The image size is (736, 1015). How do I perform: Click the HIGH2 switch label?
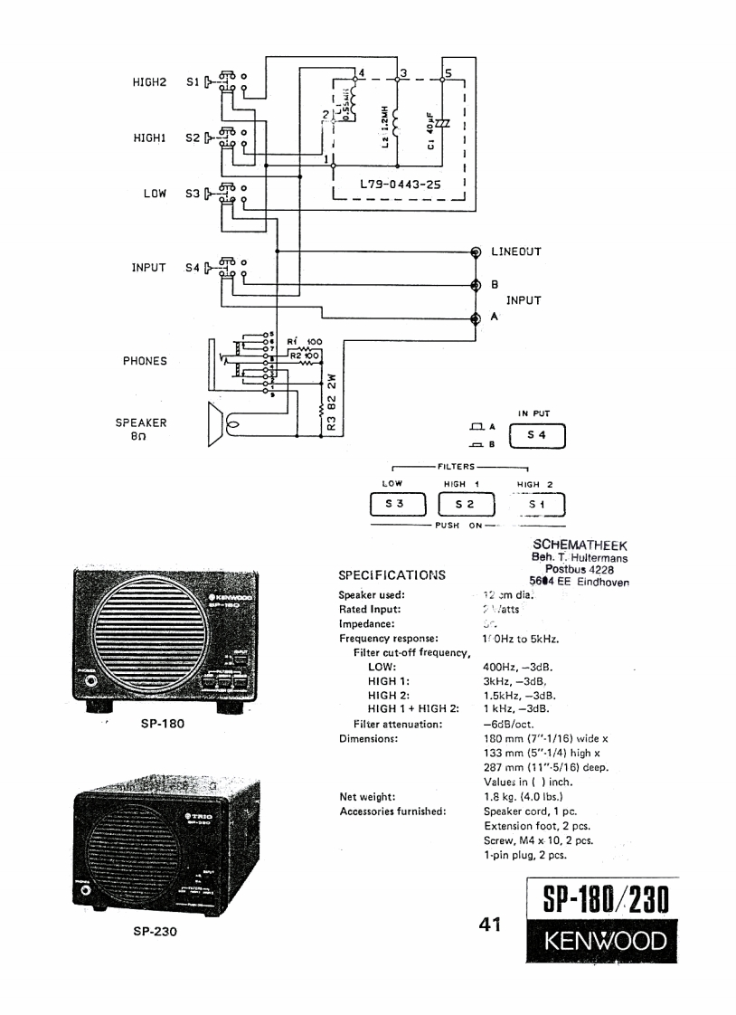coord(150,81)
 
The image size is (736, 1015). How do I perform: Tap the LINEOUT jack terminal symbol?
coord(477,252)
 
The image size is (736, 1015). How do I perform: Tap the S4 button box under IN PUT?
coord(537,435)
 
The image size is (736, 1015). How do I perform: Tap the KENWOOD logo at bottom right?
coord(596,944)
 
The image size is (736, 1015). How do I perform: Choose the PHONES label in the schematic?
coord(145,360)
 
